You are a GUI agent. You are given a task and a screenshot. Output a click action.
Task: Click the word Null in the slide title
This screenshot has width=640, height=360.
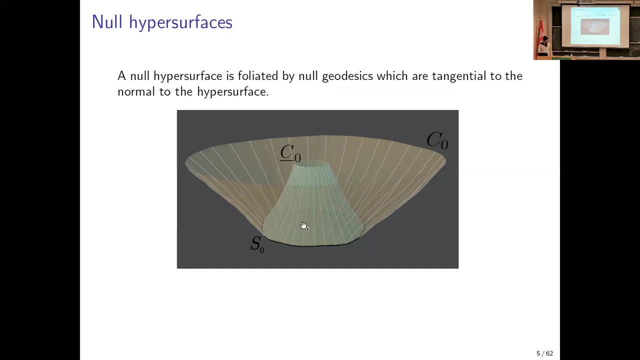[106, 22]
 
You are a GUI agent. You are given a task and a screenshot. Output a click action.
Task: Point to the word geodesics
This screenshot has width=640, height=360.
[347, 76]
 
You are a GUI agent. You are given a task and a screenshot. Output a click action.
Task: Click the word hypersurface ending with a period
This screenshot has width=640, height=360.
[232, 92]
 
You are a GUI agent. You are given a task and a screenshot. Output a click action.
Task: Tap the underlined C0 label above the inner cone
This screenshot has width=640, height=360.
[290, 153]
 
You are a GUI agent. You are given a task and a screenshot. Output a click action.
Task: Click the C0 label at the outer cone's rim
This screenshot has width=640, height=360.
[437, 140]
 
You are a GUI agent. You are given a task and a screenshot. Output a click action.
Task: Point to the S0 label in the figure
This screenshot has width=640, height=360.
[257, 244]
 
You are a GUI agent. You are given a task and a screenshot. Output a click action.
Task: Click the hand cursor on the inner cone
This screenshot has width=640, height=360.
[304, 226]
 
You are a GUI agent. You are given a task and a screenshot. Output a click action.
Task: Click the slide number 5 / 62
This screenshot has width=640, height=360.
[544, 353]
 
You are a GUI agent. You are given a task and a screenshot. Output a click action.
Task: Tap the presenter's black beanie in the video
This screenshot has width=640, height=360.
[545, 38]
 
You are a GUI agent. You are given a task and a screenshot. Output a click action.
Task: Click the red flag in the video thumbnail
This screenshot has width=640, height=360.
[540, 30]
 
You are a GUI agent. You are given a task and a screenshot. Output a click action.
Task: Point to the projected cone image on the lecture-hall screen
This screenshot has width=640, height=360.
[595, 26]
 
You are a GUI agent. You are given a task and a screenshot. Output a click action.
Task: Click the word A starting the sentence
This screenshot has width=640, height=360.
[121, 76]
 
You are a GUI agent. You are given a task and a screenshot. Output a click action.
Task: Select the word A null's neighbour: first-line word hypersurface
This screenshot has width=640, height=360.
[187, 76]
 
